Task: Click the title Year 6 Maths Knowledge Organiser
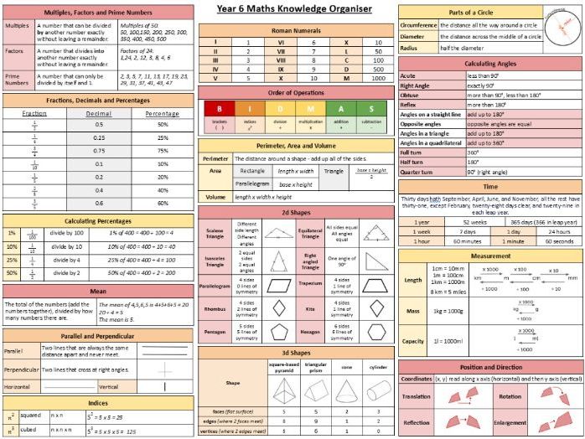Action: (x=294, y=9)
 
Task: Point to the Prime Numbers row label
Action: (x=17, y=80)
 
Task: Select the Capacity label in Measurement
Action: (x=414, y=341)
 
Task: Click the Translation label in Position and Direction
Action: (x=417, y=396)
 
